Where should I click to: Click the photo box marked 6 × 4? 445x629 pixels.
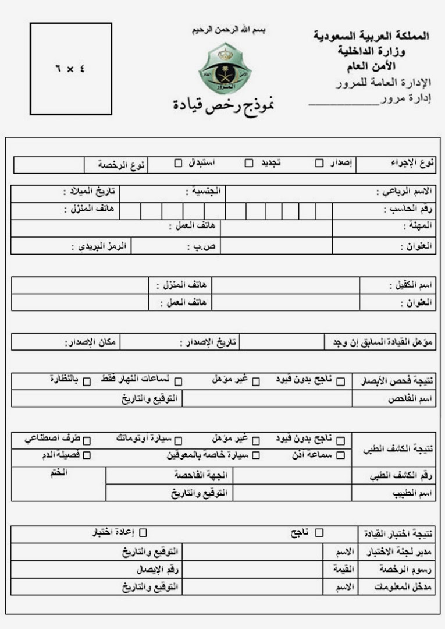[x=70, y=69]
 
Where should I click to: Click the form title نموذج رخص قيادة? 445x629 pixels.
[x=223, y=105]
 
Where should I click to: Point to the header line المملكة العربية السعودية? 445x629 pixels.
[x=371, y=36]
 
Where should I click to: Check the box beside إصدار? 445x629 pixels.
[x=319, y=163]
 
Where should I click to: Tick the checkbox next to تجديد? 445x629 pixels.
[x=248, y=163]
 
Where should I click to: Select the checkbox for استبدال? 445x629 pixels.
[x=178, y=163]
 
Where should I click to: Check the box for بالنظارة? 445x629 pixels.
[x=87, y=382]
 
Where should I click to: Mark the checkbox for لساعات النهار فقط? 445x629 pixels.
[x=179, y=382]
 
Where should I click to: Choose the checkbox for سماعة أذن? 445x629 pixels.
[x=340, y=455]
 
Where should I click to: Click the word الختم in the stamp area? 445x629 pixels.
[x=58, y=472]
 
